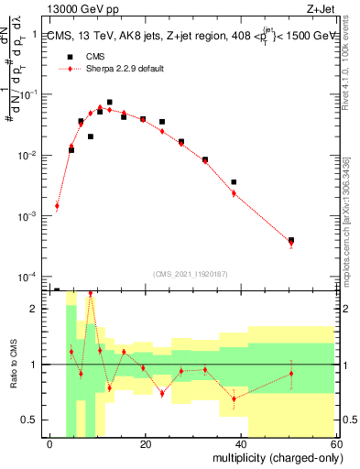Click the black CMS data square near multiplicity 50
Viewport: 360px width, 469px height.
(x=291, y=241)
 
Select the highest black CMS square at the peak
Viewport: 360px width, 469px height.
(x=110, y=103)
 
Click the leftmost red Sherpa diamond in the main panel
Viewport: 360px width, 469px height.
(x=57, y=206)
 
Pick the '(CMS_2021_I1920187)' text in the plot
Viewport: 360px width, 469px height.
(x=191, y=272)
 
